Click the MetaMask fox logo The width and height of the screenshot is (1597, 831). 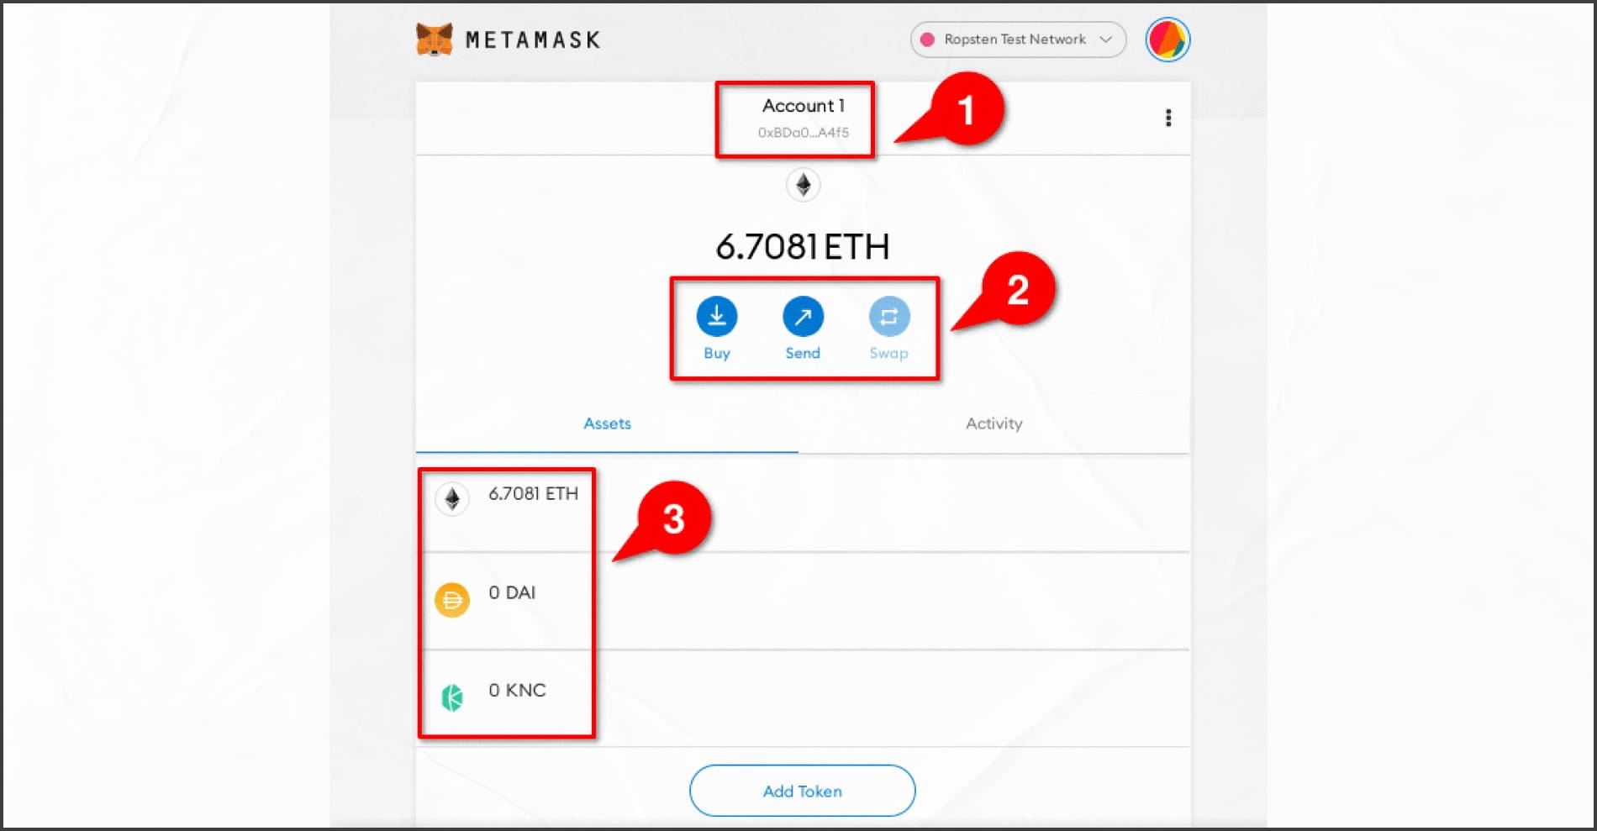tap(434, 39)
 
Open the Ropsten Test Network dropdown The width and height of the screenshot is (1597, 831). tap(1018, 39)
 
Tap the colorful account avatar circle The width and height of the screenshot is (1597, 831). tap(1167, 39)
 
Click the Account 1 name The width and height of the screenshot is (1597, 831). tap(803, 106)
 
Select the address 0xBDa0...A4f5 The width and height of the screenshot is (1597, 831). tap(803, 133)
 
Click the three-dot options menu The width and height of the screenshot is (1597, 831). tap(1168, 118)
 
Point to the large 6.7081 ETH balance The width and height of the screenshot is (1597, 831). tap(802, 246)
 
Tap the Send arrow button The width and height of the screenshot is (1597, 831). tap(803, 317)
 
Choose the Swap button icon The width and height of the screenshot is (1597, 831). tap(889, 317)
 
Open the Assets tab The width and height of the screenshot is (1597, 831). tap(607, 423)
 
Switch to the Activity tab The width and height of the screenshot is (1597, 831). tap(994, 423)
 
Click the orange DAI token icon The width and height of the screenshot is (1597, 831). tap(452, 600)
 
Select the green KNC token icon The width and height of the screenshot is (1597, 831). tap(452, 697)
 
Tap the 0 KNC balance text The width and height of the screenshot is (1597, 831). tap(517, 690)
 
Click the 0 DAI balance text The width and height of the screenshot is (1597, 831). tap(512, 592)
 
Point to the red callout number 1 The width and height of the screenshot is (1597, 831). tap(966, 109)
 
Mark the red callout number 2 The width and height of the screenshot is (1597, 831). tap(1018, 290)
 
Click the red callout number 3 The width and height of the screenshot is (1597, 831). tap(674, 518)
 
